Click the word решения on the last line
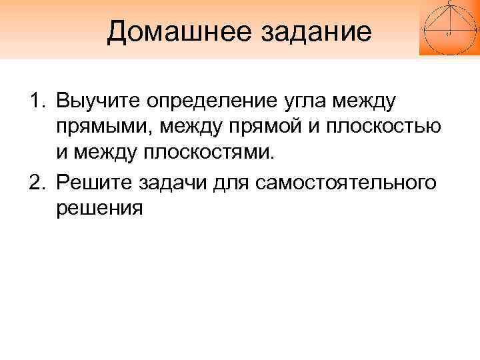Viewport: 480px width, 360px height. click(x=99, y=208)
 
